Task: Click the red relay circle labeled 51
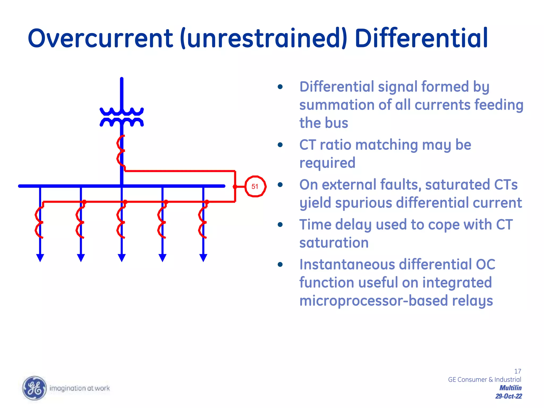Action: (x=255, y=186)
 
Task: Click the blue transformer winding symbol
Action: (x=122, y=117)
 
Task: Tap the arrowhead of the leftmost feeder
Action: (x=40, y=258)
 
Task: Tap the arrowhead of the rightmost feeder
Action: (x=203, y=258)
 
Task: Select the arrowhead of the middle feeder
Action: (x=122, y=258)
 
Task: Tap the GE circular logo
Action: (x=34, y=388)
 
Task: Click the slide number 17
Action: (x=517, y=371)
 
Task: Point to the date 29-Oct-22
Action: (x=508, y=396)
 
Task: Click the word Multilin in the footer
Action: (x=510, y=388)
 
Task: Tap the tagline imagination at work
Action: (x=80, y=388)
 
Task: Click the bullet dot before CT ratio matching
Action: (x=280, y=145)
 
